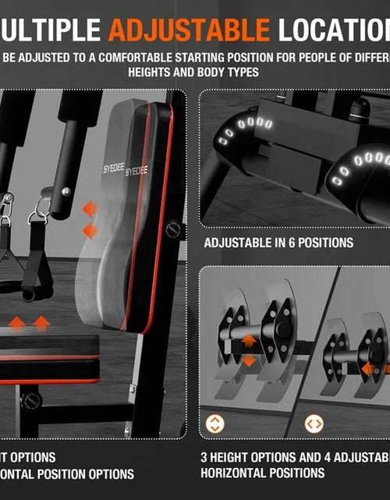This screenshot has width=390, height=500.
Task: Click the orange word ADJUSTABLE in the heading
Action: (x=189, y=30)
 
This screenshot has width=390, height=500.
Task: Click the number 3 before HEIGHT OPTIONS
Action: (x=204, y=457)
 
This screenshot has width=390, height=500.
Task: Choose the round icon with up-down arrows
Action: (x=214, y=424)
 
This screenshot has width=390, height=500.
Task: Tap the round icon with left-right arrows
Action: (x=314, y=424)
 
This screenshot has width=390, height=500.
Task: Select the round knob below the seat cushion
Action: (x=32, y=400)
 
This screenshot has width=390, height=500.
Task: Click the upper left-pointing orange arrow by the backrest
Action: (x=90, y=208)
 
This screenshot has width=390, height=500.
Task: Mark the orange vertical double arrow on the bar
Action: (x=248, y=350)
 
